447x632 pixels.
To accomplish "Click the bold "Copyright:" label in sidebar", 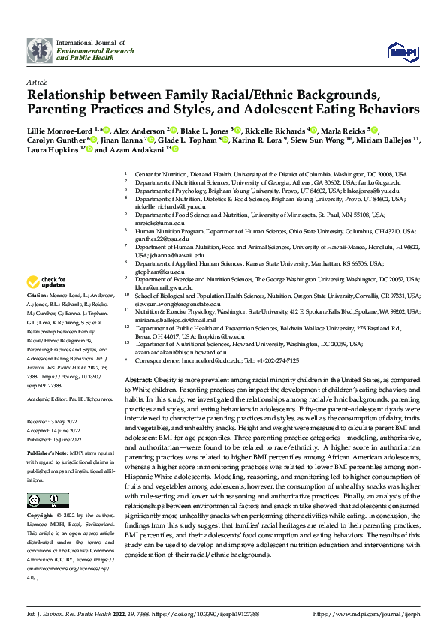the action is pyautogui.click(x=41, y=495).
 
